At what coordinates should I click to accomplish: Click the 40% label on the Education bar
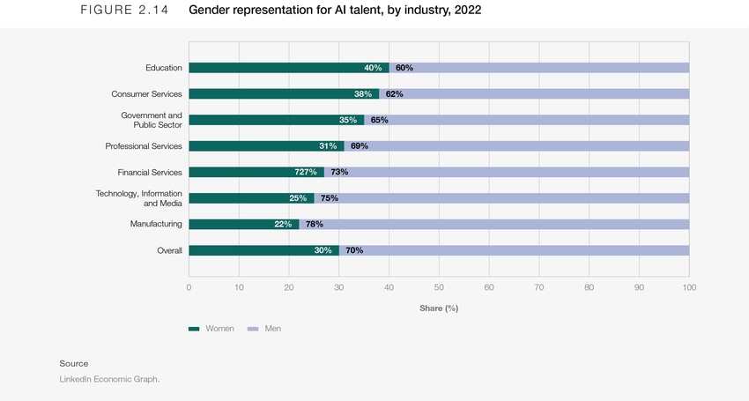coord(373,68)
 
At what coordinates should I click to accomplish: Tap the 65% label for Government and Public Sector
coord(380,120)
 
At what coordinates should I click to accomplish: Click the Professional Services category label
coord(144,146)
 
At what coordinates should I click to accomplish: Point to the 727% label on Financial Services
coord(305,172)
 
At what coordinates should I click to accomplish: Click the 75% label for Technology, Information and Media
coord(330,198)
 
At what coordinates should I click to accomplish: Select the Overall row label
coord(169,250)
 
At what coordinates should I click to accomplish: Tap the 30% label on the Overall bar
coord(323,250)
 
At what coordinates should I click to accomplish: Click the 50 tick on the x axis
coord(439,287)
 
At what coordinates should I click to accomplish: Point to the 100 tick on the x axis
coord(689,287)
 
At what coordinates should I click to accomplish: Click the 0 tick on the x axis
coord(189,287)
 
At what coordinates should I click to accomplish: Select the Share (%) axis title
coord(439,308)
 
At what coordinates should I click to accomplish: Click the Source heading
coord(74,363)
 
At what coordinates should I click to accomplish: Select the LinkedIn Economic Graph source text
coord(109,379)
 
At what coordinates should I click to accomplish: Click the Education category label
coord(164,68)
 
